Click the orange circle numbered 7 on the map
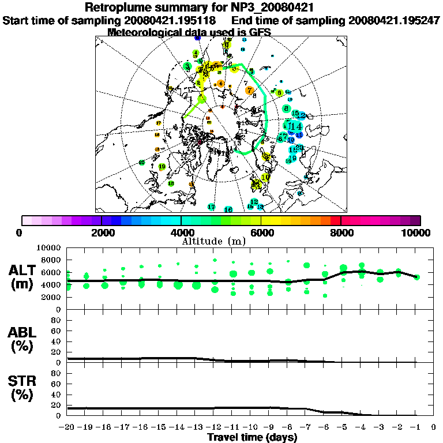click(x=249, y=90)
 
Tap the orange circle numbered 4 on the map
click(x=221, y=84)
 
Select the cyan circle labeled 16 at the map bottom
click(x=228, y=209)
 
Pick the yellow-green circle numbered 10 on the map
click(x=265, y=178)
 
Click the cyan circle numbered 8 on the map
click(x=286, y=108)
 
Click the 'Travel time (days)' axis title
click(x=252, y=438)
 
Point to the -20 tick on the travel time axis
click(x=67, y=427)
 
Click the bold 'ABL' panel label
click(x=23, y=333)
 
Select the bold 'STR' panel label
click(x=23, y=381)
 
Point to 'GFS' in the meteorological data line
click(x=259, y=32)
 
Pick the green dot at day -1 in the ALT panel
click(x=416, y=277)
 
